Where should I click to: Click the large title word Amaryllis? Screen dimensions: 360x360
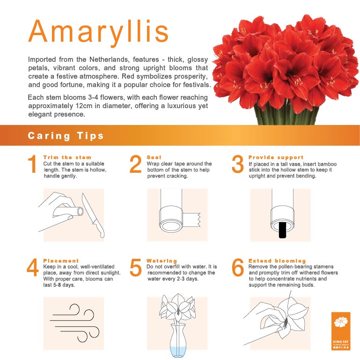tap(98, 31)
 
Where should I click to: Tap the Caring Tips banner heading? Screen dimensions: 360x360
tap(66, 136)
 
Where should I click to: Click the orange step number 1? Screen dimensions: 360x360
tap(32, 165)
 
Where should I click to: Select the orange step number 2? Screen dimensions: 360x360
tap(135, 165)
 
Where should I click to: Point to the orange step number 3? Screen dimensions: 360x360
tap(238, 165)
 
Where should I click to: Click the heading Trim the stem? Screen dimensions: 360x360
tap(67, 158)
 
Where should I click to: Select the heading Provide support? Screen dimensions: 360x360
tap(276, 158)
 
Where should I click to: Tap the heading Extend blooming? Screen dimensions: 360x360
tap(277, 261)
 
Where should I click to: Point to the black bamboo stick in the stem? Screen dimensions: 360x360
tap(282, 230)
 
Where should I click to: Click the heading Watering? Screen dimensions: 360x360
tap(162, 261)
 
